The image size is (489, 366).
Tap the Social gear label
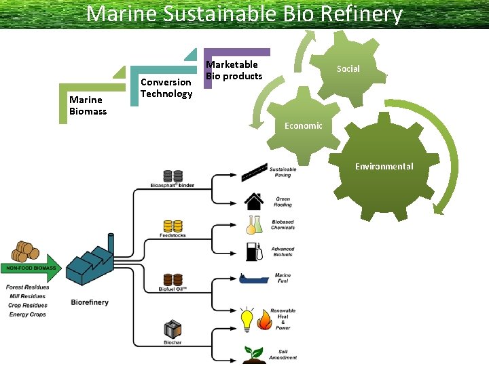pos(348,68)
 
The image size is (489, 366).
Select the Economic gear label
pos(304,126)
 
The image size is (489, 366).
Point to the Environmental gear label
pos(384,167)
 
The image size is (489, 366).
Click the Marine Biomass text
pos(88,106)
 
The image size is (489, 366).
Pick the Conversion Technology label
pos(166,88)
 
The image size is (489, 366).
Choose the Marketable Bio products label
pos(234,70)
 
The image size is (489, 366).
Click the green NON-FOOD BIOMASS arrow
pos(32,268)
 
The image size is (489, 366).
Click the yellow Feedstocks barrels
pos(173,226)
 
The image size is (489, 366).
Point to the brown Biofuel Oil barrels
pos(173,279)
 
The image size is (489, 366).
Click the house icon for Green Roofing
pos(255,201)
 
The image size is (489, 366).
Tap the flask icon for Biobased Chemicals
pos(255,224)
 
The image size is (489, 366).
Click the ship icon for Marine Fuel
pos(254,279)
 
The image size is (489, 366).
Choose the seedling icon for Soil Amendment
pos(254,354)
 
